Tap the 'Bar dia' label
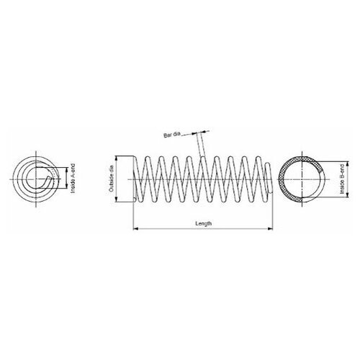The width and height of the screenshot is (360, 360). (x=171, y=135)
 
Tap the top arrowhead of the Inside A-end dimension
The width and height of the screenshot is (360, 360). (x=67, y=167)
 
